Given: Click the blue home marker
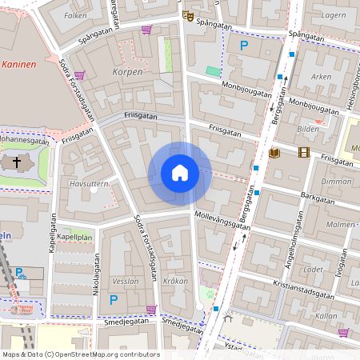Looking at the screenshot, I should [x=180, y=173].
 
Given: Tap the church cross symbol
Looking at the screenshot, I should [x=18, y=163].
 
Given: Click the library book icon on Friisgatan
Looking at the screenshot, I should [x=274, y=153].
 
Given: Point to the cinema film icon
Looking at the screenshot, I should [x=303, y=152].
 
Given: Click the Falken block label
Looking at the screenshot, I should [x=75, y=15].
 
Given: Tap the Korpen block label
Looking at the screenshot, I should [x=129, y=72].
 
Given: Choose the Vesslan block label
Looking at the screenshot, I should [x=126, y=281].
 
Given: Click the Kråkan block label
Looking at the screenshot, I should [x=175, y=281].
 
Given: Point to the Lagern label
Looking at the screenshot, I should [x=333, y=15].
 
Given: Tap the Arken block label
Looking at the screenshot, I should [x=320, y=77].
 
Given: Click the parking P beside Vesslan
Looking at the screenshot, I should [x=113, y=300].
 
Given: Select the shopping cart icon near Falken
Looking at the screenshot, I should [x=146, y=30].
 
